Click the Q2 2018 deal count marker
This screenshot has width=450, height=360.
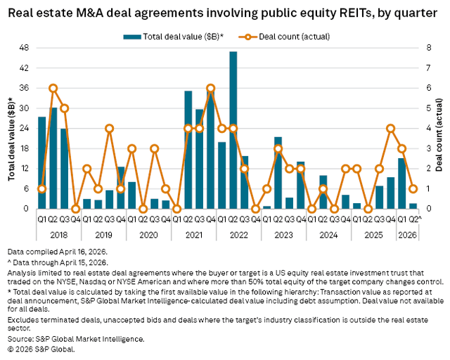pos(53,88)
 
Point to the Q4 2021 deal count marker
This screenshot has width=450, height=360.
pos(210,88)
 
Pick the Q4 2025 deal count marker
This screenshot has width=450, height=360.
pos(390,128)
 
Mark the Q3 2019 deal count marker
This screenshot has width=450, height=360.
pos(109,128)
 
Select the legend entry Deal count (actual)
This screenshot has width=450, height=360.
pos(281,36)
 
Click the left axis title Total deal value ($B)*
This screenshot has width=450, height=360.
pos(11,128)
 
